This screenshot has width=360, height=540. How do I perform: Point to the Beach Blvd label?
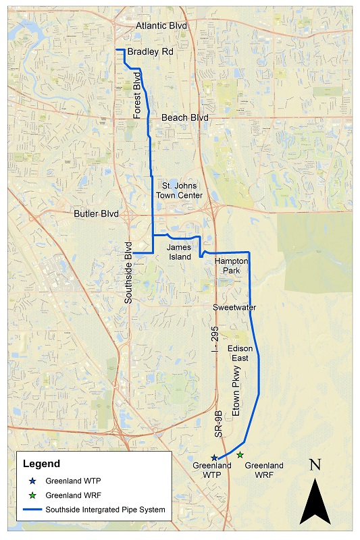click(184, 118)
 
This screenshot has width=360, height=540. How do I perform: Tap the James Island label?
click(180, 252)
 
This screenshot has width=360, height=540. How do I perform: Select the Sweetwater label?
click(234, 308)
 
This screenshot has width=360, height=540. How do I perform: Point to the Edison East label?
click(240, 352)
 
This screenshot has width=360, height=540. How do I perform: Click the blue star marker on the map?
click(214, 458)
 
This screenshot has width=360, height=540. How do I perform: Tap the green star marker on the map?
click(240, 455)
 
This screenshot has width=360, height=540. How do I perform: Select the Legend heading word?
click(41, 464)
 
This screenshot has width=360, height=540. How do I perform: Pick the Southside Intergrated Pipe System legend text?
click(105, 510)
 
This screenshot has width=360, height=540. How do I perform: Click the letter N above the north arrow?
click(314, 465)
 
